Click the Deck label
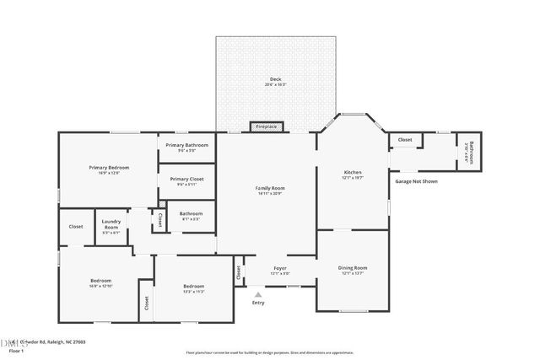click(x=276, y=78)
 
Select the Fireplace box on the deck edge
click(x=267, y=126)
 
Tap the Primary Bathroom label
click(x=186, y=146)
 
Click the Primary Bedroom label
click(x=110, y=167)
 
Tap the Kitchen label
click(x=352, y=172)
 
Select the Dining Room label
click(x=353, y=267)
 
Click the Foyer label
click(x=280, y=268)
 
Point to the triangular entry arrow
click(x=258, y=294)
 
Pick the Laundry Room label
click(x=111, y=226)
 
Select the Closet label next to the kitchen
click(x=405, y=140)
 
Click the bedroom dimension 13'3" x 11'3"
click(x=194, y=292)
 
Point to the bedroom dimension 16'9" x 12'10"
click(x=101, y=286)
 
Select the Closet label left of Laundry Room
click(x=76, y=226)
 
